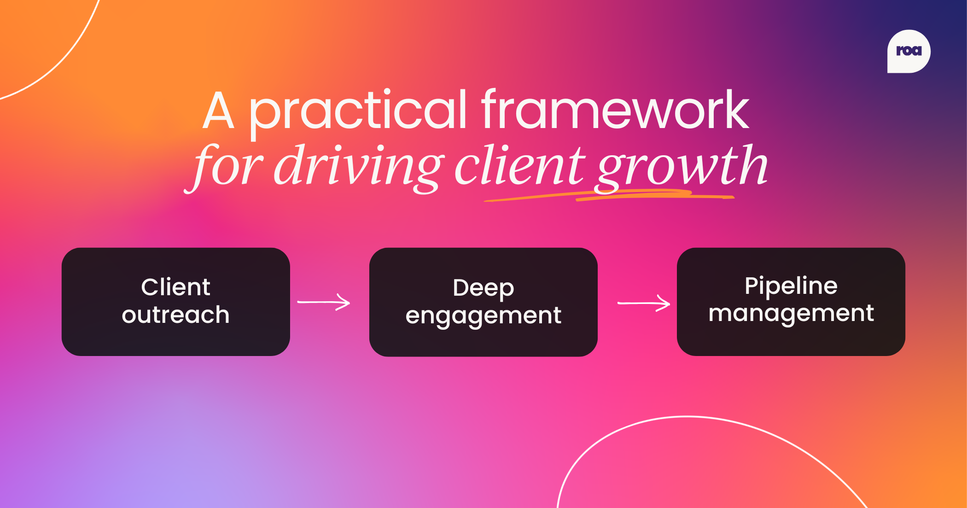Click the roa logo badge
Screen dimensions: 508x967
pos(909,51)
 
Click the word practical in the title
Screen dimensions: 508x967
pos(358,111)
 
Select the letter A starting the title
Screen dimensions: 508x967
pos(219,111)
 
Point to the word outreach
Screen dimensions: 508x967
pos(175,315)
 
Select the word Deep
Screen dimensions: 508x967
pos(483,288)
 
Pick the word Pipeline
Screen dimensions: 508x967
pos(791,286)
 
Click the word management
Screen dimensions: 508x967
pos(791,313)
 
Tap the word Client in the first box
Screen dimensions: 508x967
pos(175,287)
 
